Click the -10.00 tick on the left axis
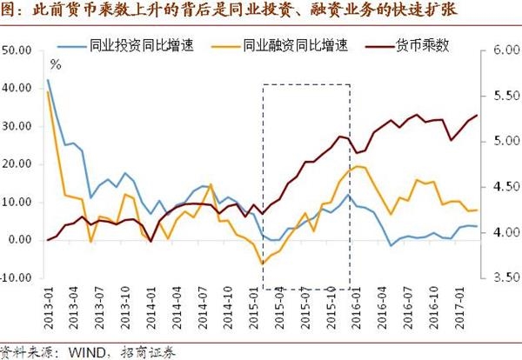(17, 278)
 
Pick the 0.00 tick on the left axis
(21, 240)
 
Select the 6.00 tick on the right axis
(499, 50)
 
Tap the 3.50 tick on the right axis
(499, 278)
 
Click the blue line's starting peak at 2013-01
(47, 80)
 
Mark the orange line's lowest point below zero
(261, 263)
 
